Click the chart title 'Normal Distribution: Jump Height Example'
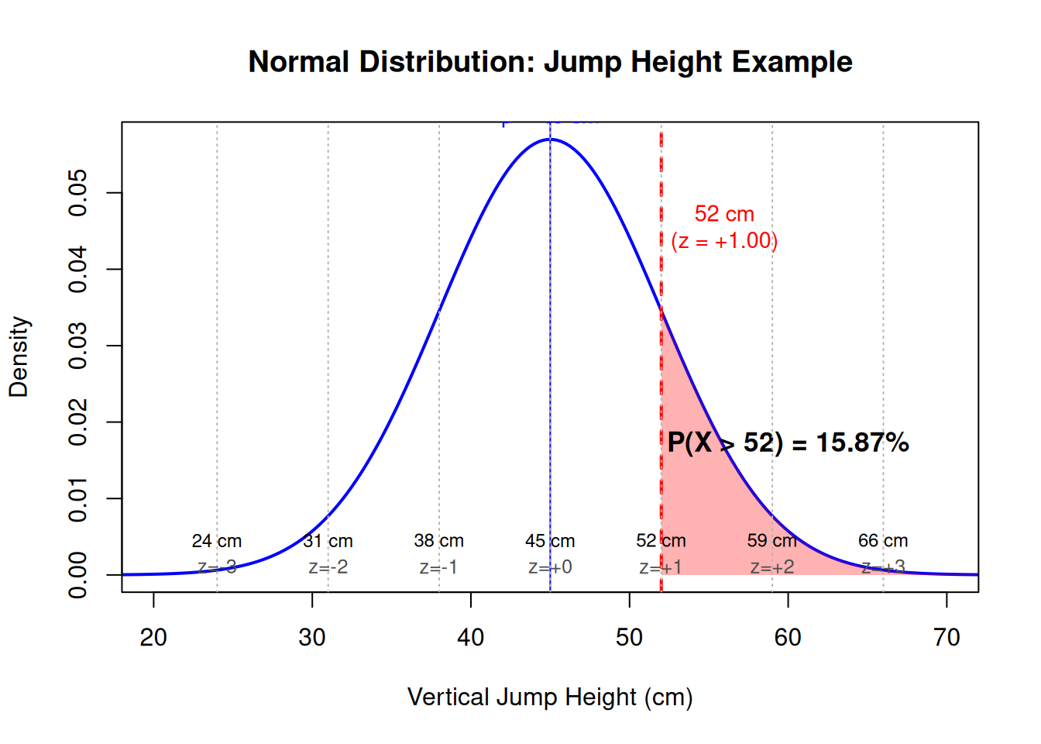[x=550, y=62]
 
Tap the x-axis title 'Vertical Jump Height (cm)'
[x=550, y=697]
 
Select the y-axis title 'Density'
[x=19, y=356]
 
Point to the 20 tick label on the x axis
[x=153, y=637]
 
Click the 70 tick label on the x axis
[x=946, y=637]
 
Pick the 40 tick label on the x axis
[x=470, y=637]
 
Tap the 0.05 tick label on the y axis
[x=78, y=193]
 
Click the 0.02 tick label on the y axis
[x=78, y=422]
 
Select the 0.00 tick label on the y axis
[x=78, y=575]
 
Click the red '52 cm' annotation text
[x=724, y=214]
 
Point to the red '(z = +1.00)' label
[x=724, y=241]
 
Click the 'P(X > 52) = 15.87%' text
[x=788, y=443]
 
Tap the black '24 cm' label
[x=217, y=541]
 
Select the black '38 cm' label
[x=438, y=541]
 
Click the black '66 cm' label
[x=883, y=541]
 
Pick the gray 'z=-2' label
[x=328, y=567]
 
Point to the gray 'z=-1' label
[x=438, y=567]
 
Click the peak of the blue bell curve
[x=550, y=139]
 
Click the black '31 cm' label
[x=328, y=541]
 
